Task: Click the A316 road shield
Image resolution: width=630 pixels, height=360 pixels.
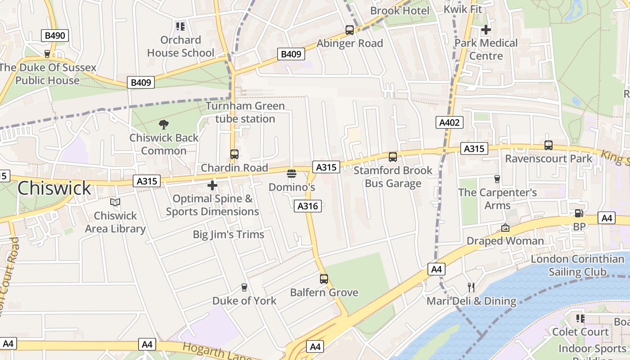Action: [308, 206]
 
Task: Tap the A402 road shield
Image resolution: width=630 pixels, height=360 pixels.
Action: [449, 122]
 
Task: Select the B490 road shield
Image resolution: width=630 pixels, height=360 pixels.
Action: [55, 36]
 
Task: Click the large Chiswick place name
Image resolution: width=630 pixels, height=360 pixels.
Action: [54, 188]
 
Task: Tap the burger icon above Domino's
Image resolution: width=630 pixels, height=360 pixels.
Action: [292, 174]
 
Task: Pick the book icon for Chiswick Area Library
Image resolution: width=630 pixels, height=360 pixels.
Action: [115, 202]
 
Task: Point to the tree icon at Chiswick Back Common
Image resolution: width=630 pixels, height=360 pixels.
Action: [164, 124]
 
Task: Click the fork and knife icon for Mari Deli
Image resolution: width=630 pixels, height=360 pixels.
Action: [471, 287]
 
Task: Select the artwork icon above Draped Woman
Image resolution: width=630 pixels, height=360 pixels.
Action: [505, 228]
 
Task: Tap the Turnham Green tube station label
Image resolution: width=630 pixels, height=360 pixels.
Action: [245, 112]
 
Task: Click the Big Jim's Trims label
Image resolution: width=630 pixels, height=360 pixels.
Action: [229, 234]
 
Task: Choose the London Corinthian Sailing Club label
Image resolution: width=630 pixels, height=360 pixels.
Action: [577, 265]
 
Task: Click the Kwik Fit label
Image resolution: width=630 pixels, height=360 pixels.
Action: [463, 9]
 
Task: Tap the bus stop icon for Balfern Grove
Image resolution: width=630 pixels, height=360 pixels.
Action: [324, 279]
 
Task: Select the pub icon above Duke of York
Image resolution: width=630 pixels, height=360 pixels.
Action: [244, 287]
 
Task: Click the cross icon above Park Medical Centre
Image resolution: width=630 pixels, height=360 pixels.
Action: [486, 30]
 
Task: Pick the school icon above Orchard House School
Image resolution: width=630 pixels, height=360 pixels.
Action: [180, 27]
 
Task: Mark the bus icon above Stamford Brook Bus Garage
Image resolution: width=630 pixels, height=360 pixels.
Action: [393, 157]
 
